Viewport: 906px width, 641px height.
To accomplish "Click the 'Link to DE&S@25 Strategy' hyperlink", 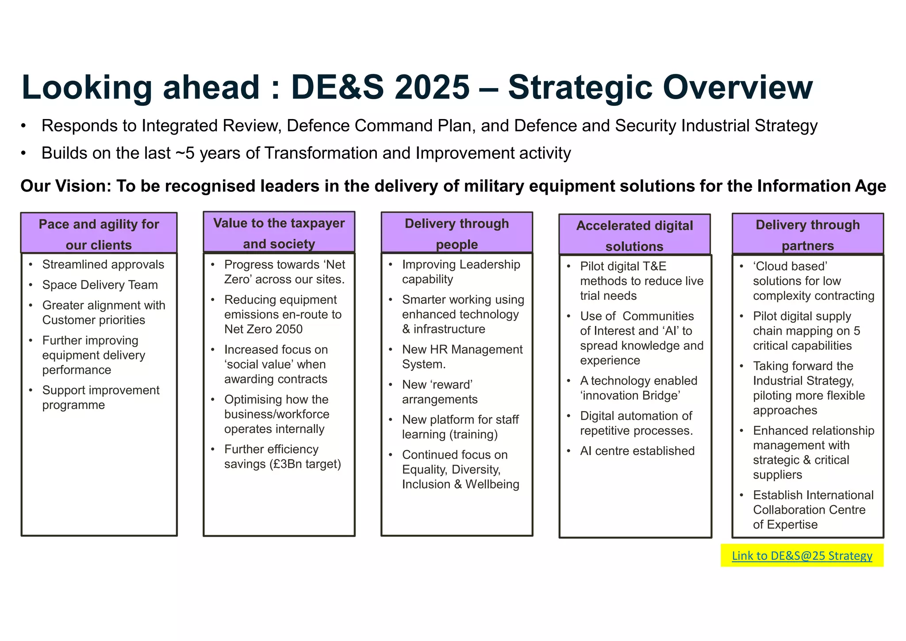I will click(x=802, y=556).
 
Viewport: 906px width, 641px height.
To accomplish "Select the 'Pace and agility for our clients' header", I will click(x=99, y=234).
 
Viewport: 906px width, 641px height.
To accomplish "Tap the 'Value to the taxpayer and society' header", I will click(x=279, y=233).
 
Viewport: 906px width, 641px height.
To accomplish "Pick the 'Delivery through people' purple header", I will click(x=457, y=233).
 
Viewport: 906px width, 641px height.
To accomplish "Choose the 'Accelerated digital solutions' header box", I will click(x=634, y=236).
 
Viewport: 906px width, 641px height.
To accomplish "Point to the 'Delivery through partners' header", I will click(x=807, y=235).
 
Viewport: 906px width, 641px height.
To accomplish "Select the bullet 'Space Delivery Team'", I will click(x=100, y=285).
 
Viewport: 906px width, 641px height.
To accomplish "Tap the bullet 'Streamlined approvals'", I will click(x=103, y=264).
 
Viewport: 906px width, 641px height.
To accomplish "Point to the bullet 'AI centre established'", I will click(x=637, y=451).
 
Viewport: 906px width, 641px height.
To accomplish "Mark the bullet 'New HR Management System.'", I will click(x=462, y=356).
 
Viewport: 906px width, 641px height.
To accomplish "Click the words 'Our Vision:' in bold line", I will click(x=65, y=186).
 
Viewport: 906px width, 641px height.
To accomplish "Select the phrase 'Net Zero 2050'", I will click(x=263, y=329).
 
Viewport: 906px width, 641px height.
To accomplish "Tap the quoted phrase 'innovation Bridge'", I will click(x=630, y=395).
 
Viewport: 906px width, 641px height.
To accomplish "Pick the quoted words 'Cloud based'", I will click(x=790, y=266).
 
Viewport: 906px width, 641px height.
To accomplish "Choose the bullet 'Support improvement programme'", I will click(x=100, y=397).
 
